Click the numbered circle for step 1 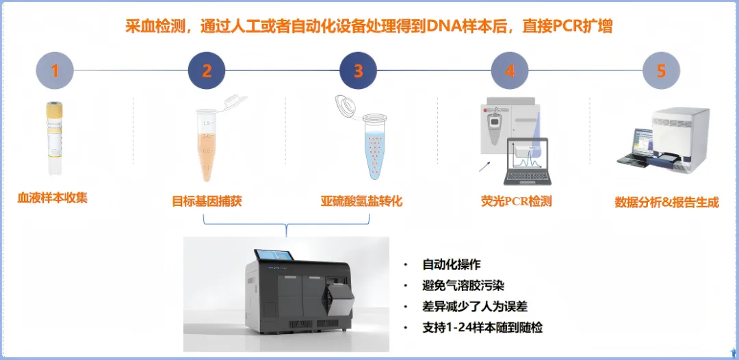coord(55,70)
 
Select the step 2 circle coord(207,70)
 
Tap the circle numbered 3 coord(359,70)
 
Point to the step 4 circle coord(510,70)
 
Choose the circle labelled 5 coord(661,70)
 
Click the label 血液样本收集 coord(52,198)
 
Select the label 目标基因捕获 coord(207,202)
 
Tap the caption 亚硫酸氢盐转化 coord(361,202)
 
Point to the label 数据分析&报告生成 coord(667,203)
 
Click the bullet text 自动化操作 coord(452,265)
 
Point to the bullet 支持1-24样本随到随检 coord(482,327)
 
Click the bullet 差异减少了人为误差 coord(475,307)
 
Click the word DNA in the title coord(441,27)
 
